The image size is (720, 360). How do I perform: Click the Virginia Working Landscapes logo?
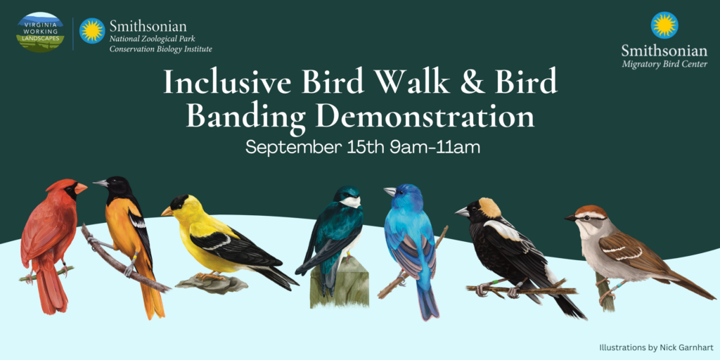point(41,32)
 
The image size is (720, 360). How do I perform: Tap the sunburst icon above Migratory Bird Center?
point(664,25)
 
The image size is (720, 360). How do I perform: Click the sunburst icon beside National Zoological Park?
point(92,31)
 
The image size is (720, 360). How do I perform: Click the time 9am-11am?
point(435,149)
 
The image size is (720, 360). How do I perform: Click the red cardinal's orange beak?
point(81,188)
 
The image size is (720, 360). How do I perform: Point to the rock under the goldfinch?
point(211,284)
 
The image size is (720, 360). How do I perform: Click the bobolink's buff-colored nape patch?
point(490,207)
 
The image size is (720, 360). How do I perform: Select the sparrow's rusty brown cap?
point(589,210)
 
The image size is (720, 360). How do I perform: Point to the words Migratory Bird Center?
point(664,65)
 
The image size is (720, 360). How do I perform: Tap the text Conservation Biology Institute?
point(160,49)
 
